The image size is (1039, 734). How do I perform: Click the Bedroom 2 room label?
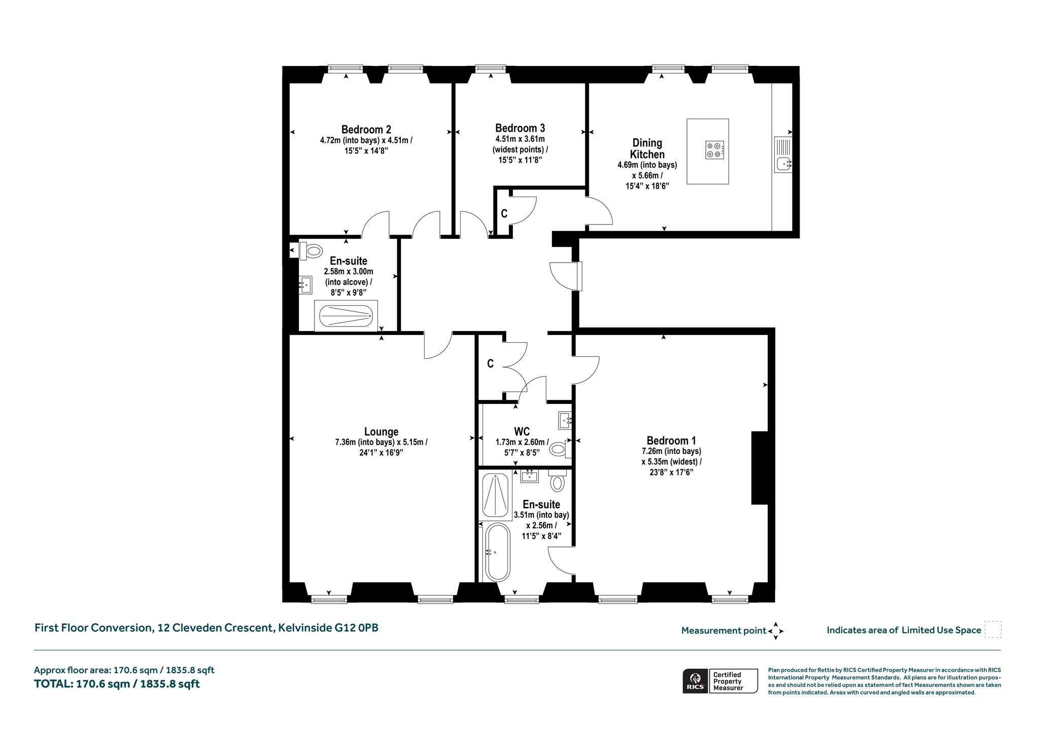366,130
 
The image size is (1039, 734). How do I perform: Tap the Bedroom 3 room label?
520,128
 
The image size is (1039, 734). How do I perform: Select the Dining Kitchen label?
647,149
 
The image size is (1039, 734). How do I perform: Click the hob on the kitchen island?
714,150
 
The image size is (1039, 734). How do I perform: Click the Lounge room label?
381,432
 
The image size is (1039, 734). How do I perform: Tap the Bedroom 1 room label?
671,441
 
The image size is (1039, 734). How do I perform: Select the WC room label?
522,431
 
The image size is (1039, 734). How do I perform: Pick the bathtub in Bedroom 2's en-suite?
346,316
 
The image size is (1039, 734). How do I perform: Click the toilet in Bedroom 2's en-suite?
310,250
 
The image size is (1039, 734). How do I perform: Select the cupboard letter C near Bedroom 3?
504,214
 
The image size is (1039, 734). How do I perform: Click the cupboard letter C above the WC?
490,363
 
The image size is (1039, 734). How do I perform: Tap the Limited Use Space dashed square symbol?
993,629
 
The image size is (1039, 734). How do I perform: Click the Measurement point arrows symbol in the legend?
776,631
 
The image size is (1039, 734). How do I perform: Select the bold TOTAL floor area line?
117,684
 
